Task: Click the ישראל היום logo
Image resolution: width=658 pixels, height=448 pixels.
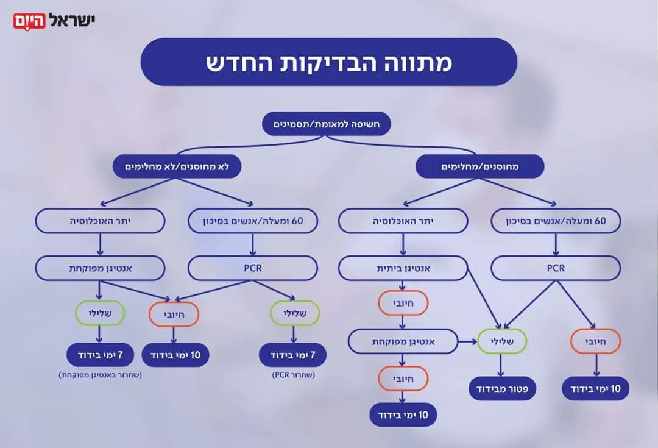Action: pos(55,21)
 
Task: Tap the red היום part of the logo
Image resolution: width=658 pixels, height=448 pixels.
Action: pos(29,21)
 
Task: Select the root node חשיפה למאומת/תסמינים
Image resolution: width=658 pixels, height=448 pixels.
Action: pos(326,124)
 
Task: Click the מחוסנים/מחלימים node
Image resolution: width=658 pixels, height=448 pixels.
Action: pos(479,166)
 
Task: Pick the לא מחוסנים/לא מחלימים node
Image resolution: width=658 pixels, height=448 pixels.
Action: pos(177,166)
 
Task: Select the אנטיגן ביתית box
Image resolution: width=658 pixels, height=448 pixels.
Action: pos(403,268)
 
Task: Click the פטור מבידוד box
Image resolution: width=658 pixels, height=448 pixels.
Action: pos(503,388)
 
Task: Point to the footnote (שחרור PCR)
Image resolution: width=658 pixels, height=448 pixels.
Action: pos(293,375)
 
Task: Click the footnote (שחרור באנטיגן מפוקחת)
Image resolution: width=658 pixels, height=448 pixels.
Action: pos(100,375)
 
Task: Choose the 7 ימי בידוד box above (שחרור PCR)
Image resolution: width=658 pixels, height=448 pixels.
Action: pos(293,354)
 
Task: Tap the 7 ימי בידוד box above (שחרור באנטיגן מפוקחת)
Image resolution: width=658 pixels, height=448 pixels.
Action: pos(100,354)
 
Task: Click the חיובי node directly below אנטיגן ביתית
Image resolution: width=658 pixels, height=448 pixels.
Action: pos(403,303)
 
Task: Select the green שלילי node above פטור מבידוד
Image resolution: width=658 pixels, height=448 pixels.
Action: pos(501,341)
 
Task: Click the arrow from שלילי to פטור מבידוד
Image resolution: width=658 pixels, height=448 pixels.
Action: pos(501,365)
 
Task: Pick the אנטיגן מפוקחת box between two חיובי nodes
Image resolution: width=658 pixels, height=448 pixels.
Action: pos(403,341)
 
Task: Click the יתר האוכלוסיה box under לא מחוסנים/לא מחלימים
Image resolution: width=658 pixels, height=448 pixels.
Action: pos(100,221)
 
